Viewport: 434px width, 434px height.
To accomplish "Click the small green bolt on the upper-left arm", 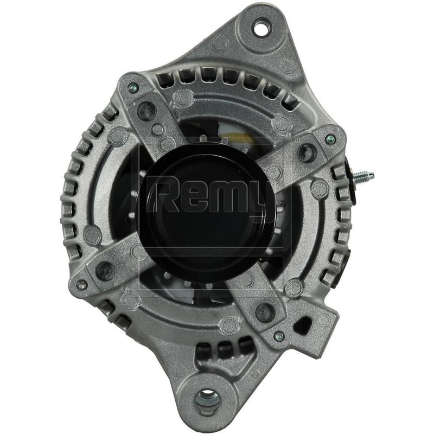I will pyautogui.click(x=132, y=87).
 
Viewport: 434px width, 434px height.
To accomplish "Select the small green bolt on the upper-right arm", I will pyautogui.click(x=330, y=139).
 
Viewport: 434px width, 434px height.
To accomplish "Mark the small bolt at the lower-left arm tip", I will pyautogui.click(x=82, y=284).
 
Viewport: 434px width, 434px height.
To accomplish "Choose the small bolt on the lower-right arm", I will pyautogui.click(x=279, y=336).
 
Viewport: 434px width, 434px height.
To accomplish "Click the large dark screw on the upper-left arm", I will pyautogui.click(x=146, y=111).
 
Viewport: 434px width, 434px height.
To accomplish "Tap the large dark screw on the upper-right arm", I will pyautogui.click(x=307, y=153).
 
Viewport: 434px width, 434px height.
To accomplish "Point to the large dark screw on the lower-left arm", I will pyautogui.click(x=105, y=269).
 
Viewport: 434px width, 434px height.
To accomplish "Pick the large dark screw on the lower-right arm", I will pyautogui.click(x=264, y=311).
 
